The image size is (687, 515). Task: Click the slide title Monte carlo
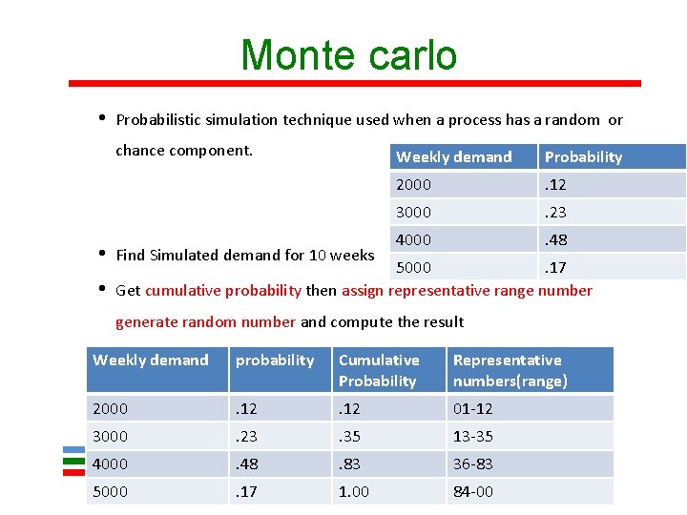tap(349, 55)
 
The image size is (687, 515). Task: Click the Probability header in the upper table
tap(583, 157)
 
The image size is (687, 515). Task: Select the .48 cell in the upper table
tap(555, 239)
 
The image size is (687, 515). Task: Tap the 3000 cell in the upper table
tap(414, 212)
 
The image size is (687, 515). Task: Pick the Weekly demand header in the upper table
tap(454, 157)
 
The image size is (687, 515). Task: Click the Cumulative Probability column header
tap(379, 370)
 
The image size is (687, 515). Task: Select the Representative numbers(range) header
tap(510, 370)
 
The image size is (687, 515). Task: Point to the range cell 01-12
tap(473, 408)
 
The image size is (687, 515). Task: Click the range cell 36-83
tap(473, 463)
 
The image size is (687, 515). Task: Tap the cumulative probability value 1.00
tap(354, 491)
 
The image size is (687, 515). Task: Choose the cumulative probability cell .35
tap(350, 436)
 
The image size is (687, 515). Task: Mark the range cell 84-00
tap(473, 491)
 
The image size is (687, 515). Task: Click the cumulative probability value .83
tap(350, 463)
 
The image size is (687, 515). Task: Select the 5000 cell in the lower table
tap(111, 491)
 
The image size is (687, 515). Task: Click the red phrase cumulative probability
tap(223, 291)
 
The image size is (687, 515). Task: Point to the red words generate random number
tap(205, 322)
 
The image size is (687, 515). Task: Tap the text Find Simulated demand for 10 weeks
tap(244, 256)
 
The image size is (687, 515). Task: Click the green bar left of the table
tap(73, 460)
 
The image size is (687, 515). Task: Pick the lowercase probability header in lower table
tap(275, 360)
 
